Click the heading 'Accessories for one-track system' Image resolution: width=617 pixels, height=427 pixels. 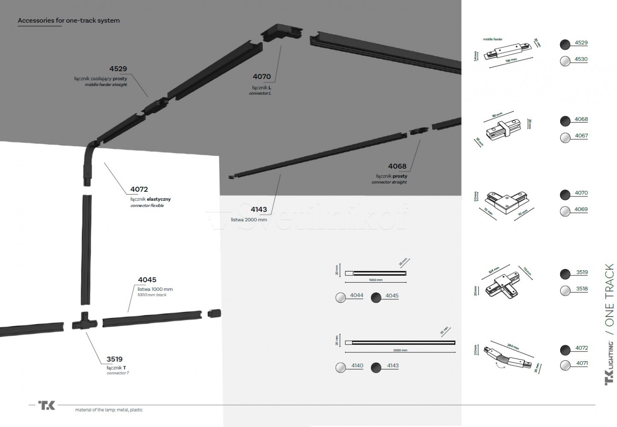[x=69, y=20]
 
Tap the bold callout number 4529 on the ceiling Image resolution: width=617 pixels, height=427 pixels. [x=118, y=69]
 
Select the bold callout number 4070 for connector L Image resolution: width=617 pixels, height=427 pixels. [x=262, y=77]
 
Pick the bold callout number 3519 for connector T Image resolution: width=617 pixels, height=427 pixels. [x=114, y=359]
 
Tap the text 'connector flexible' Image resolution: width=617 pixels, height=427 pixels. [x=147, y=206]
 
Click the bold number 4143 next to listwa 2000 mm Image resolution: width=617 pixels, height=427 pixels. [x=259, y=210]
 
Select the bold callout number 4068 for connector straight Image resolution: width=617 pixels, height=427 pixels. [x=397, y=167]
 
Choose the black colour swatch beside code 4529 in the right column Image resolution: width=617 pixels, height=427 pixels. [x=565, y=44]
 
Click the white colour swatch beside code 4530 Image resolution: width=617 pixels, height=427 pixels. [x=565, y=61]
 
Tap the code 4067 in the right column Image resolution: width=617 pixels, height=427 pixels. [x=581, y=136]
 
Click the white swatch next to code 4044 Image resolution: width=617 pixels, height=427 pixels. [x=341, y=298]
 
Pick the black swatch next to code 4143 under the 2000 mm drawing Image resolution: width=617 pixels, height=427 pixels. [x=376, y=367]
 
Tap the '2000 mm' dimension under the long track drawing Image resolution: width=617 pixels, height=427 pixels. [x=400, y=350]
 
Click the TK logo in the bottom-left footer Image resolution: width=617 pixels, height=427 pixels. [x=47, y=405]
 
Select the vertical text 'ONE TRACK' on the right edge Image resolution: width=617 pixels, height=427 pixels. [x=609, y=295]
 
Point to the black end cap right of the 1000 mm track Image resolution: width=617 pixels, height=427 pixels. [x=214, y=313]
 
